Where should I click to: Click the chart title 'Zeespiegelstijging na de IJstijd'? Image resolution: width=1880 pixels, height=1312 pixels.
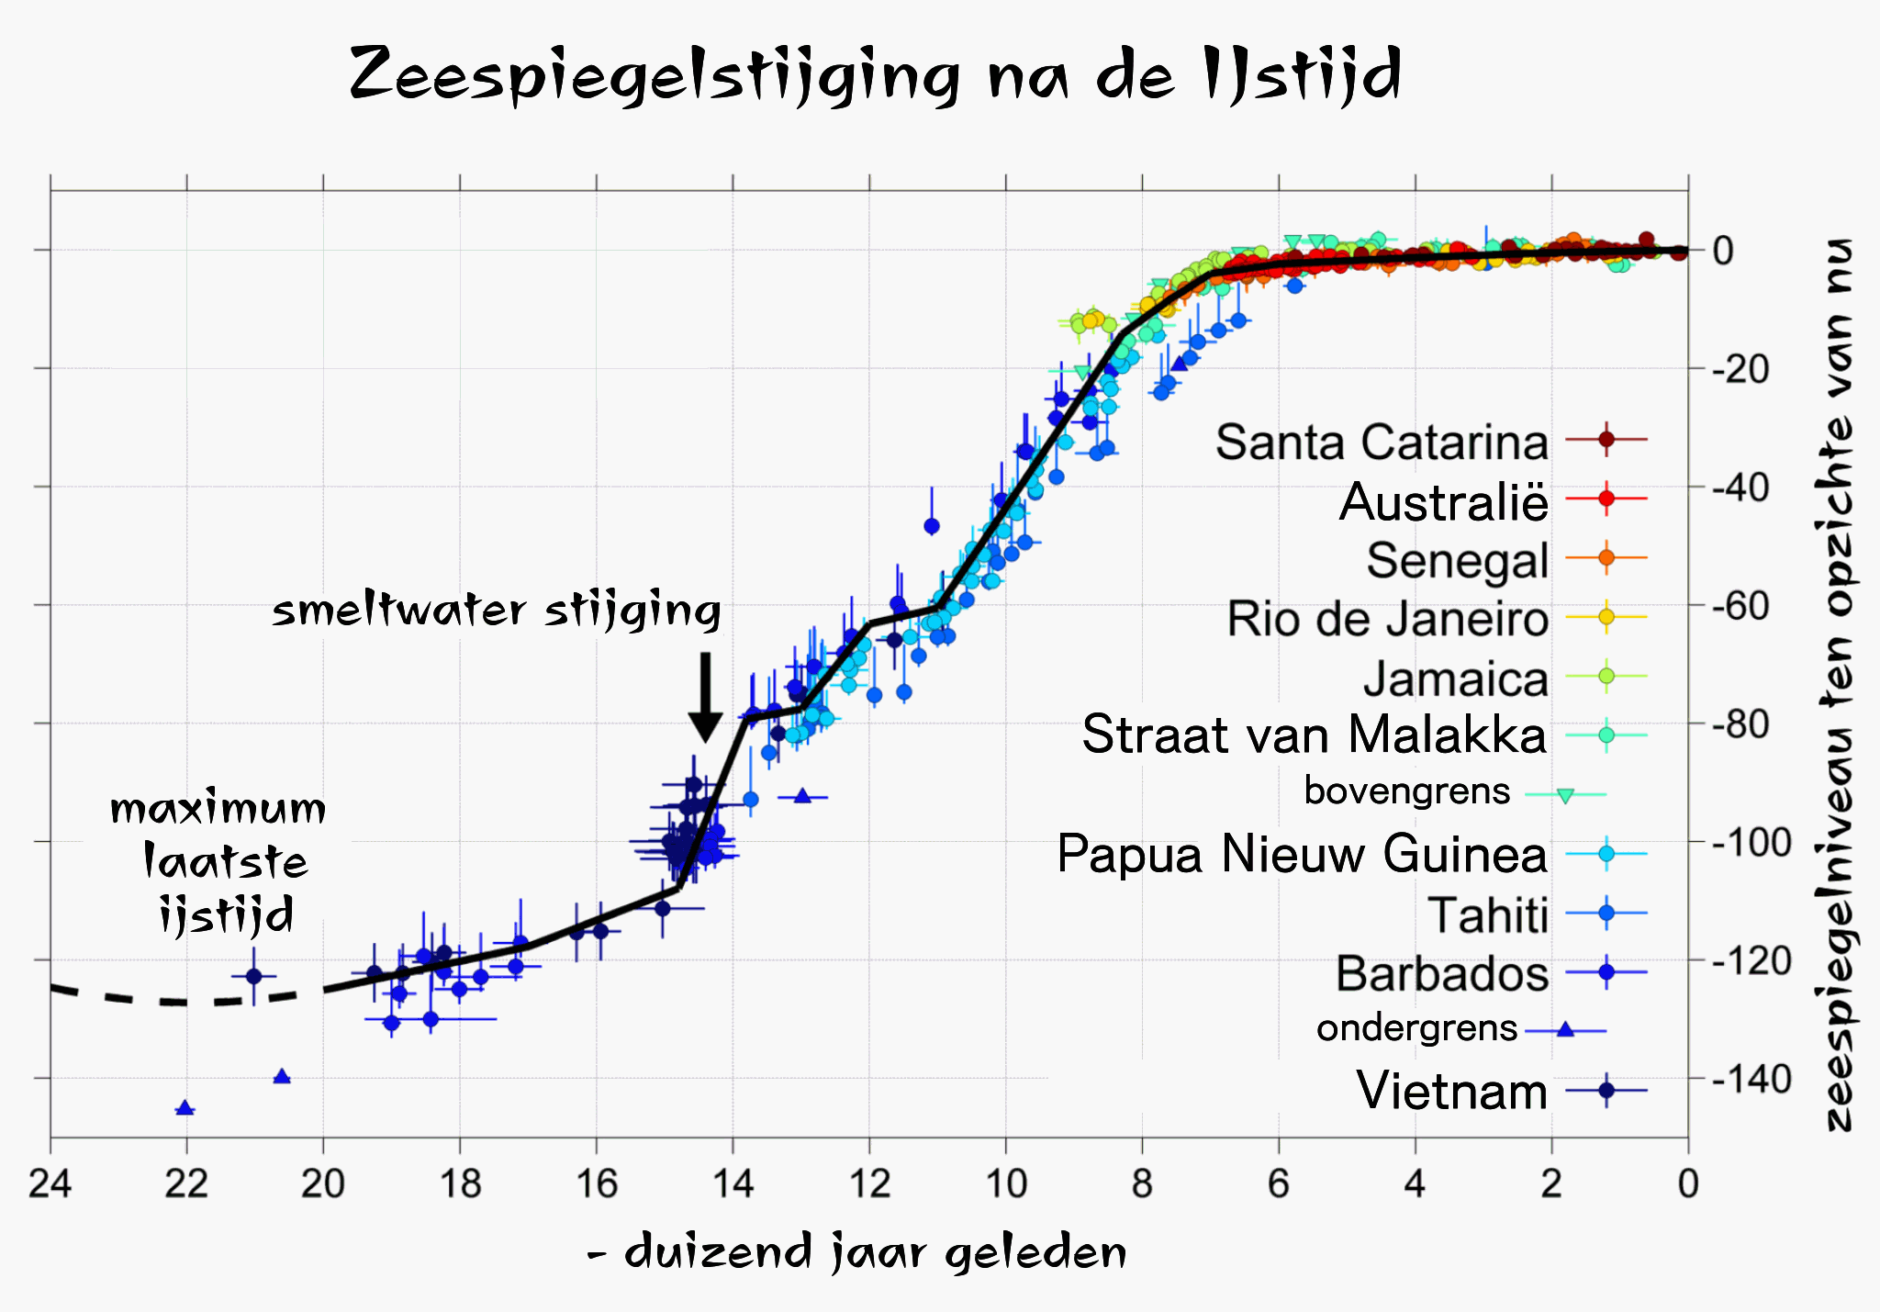coord(875,73)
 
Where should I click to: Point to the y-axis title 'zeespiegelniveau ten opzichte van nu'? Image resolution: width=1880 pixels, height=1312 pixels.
coord(1839,684)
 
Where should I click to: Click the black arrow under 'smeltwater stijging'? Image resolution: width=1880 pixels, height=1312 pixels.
coord(705,698)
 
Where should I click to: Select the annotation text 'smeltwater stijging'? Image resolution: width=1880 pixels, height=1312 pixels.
coord(497,611)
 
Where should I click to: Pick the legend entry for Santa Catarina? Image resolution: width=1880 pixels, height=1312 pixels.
coord(1382,442)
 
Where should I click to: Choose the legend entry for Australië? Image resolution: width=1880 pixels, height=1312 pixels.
coord(1443,501)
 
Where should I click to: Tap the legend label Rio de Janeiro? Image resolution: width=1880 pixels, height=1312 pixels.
coord(1387,619)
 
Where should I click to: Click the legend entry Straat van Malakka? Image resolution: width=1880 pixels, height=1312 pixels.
coord(1314,734)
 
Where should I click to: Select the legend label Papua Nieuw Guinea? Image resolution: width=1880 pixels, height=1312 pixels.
coord(1302,854)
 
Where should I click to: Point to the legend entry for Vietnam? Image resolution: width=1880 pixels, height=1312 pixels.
coord(1451,1091)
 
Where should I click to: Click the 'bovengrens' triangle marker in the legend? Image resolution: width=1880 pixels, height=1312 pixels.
coord(1566,795)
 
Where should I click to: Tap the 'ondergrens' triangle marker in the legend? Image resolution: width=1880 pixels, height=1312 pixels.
coord(1566,1030)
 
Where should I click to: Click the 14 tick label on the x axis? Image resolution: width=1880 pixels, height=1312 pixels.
coord(733,1184)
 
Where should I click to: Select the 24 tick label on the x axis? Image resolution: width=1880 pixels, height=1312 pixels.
coord(50,1184)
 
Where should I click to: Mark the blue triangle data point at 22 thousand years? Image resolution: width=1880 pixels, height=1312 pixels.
coord(185,1108)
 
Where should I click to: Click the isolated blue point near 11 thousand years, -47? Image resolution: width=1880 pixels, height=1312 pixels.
coord(932,526)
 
